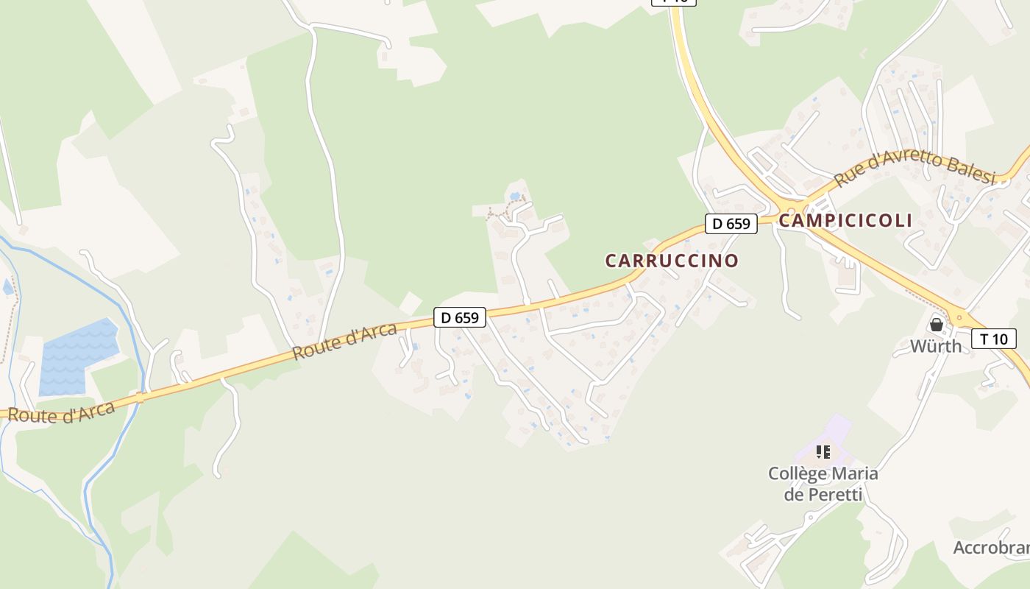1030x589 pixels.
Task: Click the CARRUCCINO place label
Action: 672,261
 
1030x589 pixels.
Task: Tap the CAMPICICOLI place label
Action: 845,220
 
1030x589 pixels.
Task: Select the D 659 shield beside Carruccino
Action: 731,224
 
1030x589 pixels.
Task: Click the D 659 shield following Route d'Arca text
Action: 460,318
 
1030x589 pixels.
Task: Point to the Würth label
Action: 936,346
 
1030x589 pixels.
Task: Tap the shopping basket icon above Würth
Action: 937,324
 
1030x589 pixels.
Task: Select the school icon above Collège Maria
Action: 823,451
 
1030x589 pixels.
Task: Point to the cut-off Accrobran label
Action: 990,548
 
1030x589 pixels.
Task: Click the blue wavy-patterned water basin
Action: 77,356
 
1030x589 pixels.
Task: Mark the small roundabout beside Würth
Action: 959,317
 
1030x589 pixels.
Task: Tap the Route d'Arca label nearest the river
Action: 62,412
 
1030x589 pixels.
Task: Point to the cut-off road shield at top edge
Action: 673,2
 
